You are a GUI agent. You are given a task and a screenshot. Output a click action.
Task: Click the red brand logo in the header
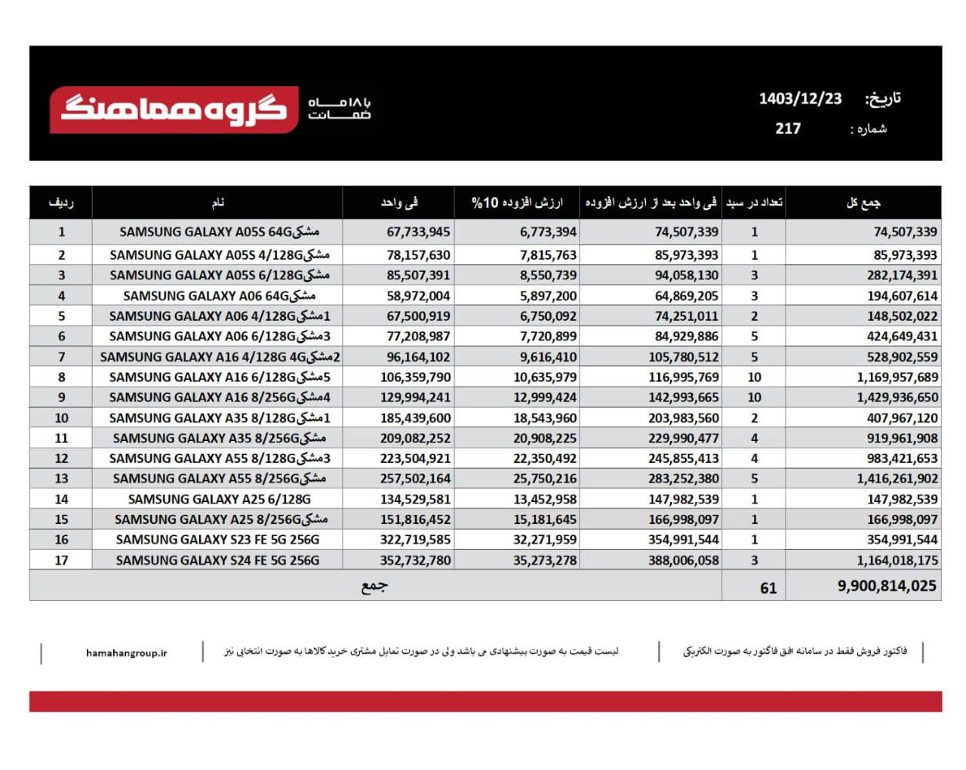pyautogui.click(x=174, y=110)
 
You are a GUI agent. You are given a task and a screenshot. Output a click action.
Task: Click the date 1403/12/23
pyautogui.click(x=800, y=99)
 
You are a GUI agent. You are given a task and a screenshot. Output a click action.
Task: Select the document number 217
pyautogui.click(x=788, y=128)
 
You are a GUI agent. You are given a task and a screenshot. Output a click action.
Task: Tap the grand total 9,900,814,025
pyautogui.click(x=887, y=586)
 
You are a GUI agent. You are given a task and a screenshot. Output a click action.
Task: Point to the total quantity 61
pyautogui.click(x=768, y=588)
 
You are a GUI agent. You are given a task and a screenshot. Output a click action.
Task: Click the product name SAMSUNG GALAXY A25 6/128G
pyautogui.click(x=219, y=499)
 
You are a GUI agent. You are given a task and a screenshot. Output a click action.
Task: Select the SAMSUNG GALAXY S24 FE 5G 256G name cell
pyautogui.click(x=217, y=560)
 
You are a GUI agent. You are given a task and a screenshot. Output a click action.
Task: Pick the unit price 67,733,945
pyautogui.click(x=418, y=232)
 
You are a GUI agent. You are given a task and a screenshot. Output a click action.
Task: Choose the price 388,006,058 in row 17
pyautogui.click(x=683, y=560)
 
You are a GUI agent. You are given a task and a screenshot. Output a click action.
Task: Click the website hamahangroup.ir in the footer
pyautogui.click(x=127, y=653)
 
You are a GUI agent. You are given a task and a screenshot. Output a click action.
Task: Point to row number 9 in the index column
pyautogui.click(x=61, y=397)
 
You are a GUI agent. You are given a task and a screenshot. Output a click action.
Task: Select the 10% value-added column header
pyautogui.click(x=517, y=202)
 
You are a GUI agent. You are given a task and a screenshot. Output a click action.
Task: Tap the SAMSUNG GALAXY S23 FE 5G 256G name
pyautogui.click(x=217, y=540)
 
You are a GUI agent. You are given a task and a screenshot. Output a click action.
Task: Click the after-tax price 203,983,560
pyautogui.click(x=683, y=418)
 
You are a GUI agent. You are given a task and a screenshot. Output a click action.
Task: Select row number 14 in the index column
pyautogui.click(x=61, y=499)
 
